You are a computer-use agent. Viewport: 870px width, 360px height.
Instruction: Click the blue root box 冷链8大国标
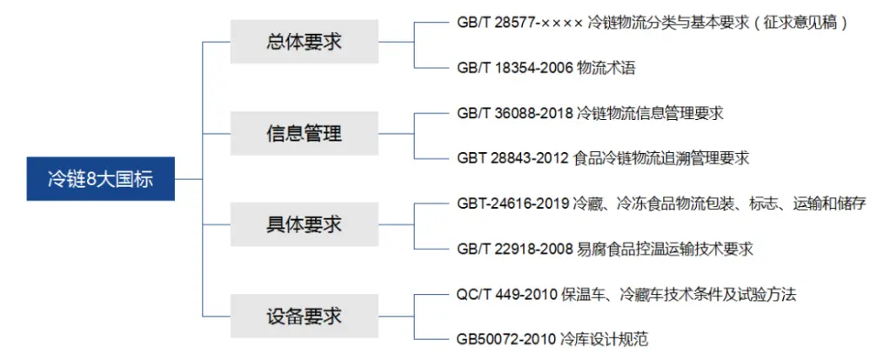100,178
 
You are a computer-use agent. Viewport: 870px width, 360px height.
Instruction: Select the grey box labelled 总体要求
304,42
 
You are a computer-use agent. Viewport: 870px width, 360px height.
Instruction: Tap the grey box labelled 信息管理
304,133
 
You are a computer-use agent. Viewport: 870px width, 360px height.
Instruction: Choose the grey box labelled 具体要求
304,224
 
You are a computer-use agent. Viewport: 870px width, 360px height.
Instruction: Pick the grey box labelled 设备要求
304,316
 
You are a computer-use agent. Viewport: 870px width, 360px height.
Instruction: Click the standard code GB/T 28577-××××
520,23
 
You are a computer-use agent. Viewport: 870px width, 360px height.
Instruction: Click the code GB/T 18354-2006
515,68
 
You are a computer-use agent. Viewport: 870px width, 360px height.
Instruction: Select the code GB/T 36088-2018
515,114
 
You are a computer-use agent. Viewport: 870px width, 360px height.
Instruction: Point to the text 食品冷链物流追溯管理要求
659,158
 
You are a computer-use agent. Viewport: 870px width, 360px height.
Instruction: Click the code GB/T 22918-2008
515,249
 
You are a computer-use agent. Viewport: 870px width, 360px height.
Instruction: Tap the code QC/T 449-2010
507,295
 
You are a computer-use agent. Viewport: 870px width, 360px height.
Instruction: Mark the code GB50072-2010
506,339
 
